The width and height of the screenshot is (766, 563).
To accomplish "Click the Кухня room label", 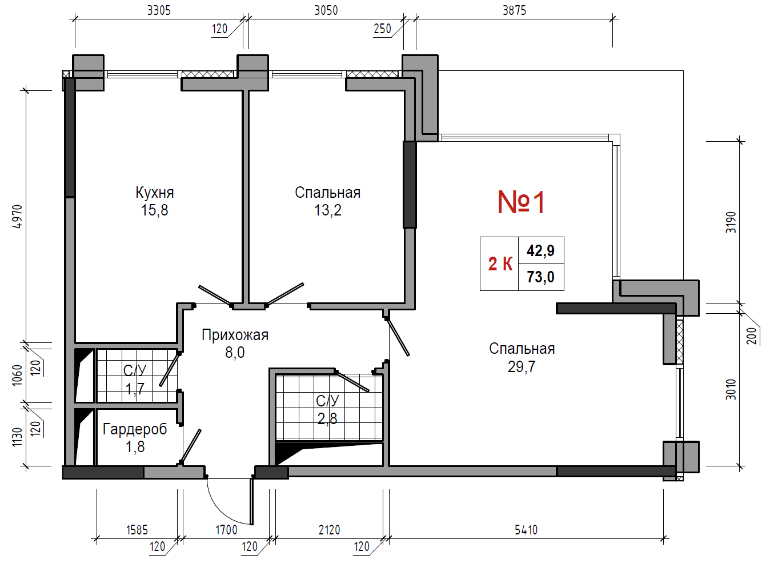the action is click(155, 193).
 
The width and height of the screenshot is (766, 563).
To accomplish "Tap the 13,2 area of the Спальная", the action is click(328, 210).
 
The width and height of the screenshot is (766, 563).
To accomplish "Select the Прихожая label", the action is click(235, 335).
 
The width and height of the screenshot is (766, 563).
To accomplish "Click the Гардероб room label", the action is click(135, 429).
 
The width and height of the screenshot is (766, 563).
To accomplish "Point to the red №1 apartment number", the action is click(520, 202).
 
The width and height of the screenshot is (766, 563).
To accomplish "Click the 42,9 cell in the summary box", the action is click(540, 251).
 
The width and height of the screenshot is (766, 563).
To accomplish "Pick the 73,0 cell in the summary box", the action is click(540, 277).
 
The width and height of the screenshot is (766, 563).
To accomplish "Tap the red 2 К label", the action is click(500, 264).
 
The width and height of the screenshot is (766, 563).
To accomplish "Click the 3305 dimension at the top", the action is click(159, 11).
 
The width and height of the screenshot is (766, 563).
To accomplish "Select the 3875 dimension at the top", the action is click(514, 11).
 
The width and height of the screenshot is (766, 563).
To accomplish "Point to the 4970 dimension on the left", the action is click(17, 216).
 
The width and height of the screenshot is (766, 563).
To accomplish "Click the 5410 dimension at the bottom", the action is click(526, 530).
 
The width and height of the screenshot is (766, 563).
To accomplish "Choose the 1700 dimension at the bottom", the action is click(226, 530).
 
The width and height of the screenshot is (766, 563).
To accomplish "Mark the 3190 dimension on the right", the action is click(731, 222).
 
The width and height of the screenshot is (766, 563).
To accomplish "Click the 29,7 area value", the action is click(522, 367).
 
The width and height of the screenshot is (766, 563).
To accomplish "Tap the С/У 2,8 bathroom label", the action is click(327, 409).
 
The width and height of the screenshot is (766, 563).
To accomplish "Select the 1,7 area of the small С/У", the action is click(135, 389).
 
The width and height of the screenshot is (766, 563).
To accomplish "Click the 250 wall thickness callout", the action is click(382, 29).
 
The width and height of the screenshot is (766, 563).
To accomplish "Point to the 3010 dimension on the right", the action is click(731, 389).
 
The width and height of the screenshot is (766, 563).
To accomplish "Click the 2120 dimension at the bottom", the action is click(329, 530).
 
